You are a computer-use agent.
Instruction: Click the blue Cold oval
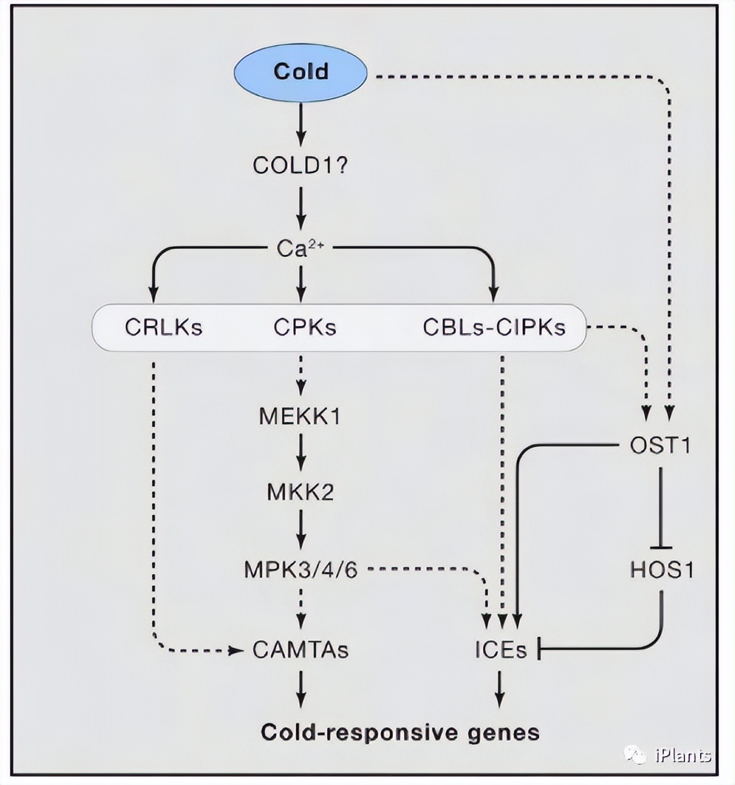coord(300,72)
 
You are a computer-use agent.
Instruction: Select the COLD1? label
coord(300,166)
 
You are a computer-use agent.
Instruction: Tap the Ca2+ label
coord(300,249)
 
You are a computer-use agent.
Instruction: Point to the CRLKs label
coord(163,328)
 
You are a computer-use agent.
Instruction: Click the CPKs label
coord(304,328)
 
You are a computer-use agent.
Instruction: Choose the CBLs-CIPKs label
coord(494,328)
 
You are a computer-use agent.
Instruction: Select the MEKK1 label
coord(300,416)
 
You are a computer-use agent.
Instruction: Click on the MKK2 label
coord(300,492)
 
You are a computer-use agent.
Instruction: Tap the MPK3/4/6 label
coord(301,570)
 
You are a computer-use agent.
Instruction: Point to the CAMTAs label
coord(300,650)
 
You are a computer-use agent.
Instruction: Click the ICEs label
coord(500,650)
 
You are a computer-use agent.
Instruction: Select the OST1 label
coord(660,446)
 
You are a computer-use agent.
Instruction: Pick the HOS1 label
coord(661,570)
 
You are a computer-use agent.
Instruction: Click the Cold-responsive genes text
coord(400,732)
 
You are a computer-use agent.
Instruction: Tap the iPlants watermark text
coord(683,756)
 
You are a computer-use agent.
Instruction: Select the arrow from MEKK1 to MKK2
coord(301,452)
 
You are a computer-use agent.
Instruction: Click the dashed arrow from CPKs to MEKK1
coord(301,374)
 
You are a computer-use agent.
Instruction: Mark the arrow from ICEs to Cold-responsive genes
coord(500,689)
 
